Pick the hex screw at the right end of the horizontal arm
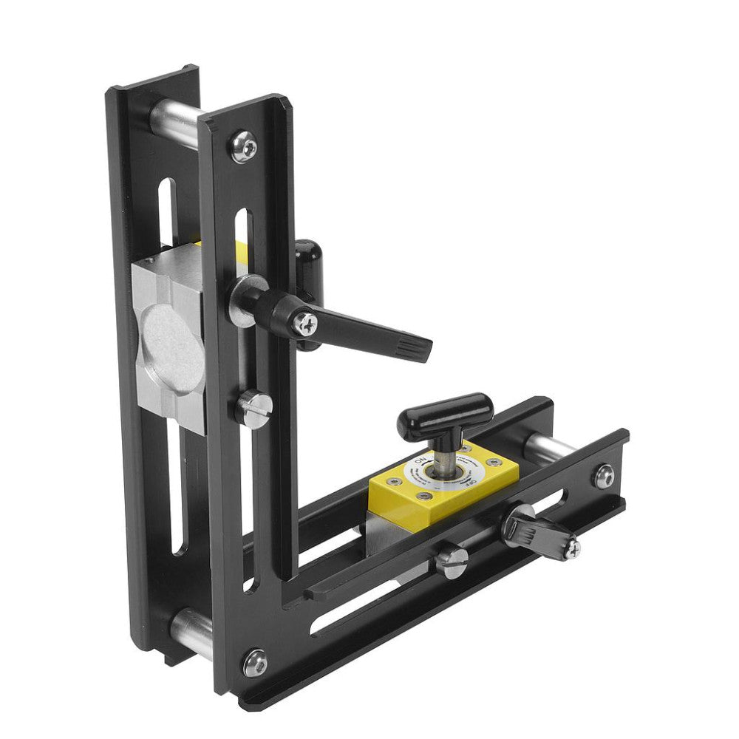604,477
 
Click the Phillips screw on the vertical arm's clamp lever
304,322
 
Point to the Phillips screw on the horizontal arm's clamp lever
571,547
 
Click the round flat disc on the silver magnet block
171,350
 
